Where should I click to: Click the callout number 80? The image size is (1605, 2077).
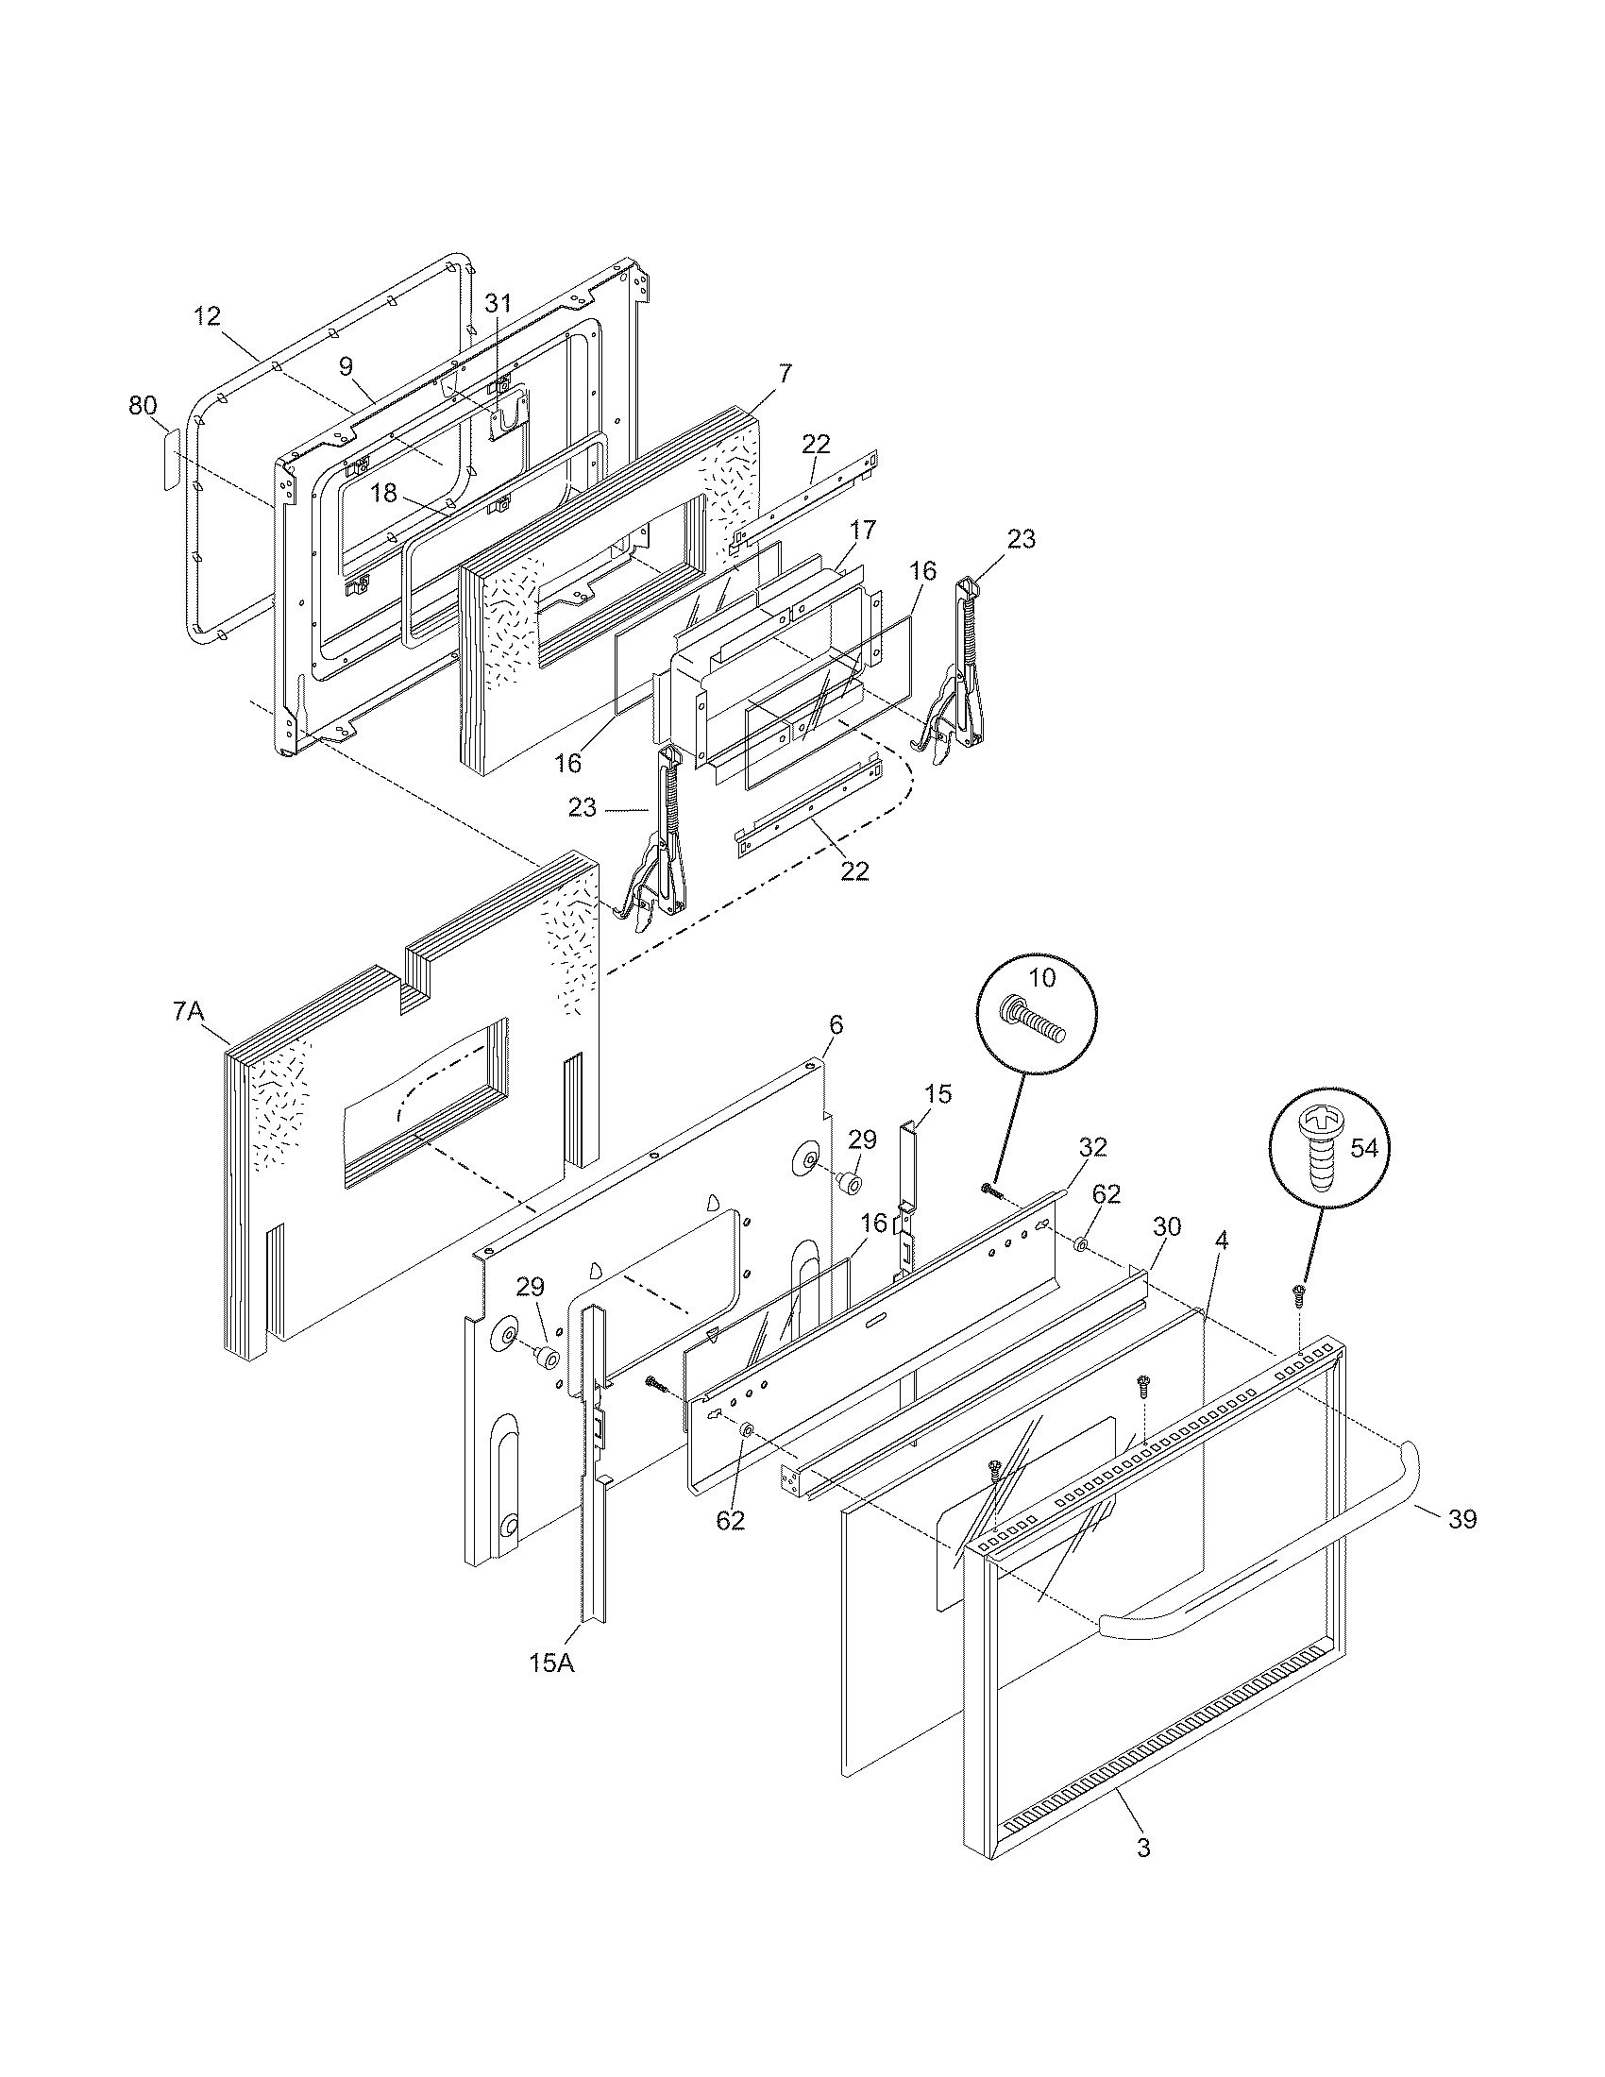[x=143, y=405]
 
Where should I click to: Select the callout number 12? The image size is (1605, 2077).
[x=207, y=315]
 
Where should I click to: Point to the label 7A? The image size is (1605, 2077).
[x=188, y=1012]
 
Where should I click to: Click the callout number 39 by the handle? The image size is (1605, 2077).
[x=1462, y=1519]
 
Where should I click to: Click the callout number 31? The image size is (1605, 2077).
[x=498, y=303]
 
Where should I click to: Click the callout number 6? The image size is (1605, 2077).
[x=836, y=1024]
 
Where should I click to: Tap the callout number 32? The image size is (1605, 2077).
[x=1093, y=1148]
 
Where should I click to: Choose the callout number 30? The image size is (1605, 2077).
[x=1167, y=1226]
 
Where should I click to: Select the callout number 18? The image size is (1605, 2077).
[x=383, y=493]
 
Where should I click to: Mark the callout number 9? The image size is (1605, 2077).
[x=346, y=367]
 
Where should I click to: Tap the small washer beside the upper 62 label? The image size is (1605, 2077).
[x=1082, y=1245]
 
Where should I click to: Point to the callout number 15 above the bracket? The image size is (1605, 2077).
[x=938, y=1093]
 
